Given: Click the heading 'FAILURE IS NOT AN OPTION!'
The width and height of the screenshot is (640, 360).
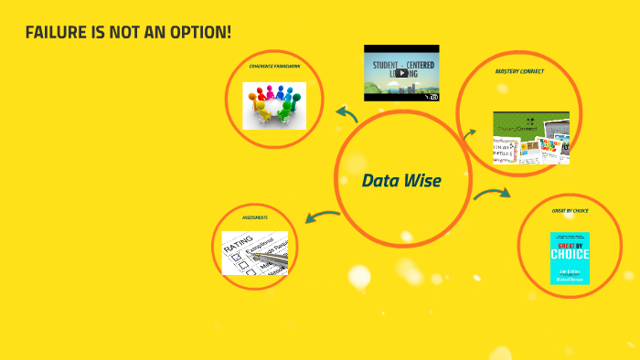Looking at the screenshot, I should tap(128, 32).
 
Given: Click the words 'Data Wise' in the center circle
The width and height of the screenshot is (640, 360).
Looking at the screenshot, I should tap(401, 181).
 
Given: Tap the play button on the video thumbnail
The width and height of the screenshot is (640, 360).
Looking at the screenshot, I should tap(401, 73).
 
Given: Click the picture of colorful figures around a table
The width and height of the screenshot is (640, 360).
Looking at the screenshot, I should tap(273, 105).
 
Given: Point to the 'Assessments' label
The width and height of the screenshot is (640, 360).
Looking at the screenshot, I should tap(255, 217).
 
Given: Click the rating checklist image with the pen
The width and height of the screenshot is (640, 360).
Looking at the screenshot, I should tap(255, 252).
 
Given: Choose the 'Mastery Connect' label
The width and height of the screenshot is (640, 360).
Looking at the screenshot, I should tap(518, 71).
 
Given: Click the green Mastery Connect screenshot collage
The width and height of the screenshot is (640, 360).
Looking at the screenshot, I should tap(530, 137).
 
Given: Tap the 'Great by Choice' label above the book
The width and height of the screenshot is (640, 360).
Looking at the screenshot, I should tap(570, 211).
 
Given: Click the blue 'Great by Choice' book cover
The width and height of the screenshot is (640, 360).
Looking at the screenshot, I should tap(570, 258).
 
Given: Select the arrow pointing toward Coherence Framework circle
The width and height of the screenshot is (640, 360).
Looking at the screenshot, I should tap(347, 114).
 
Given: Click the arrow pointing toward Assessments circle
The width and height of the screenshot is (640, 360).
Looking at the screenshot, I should tap(322, 217).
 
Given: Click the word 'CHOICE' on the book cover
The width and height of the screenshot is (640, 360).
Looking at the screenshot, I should tap(570, 254).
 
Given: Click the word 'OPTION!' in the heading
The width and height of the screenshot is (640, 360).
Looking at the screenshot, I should tap(202, 32).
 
